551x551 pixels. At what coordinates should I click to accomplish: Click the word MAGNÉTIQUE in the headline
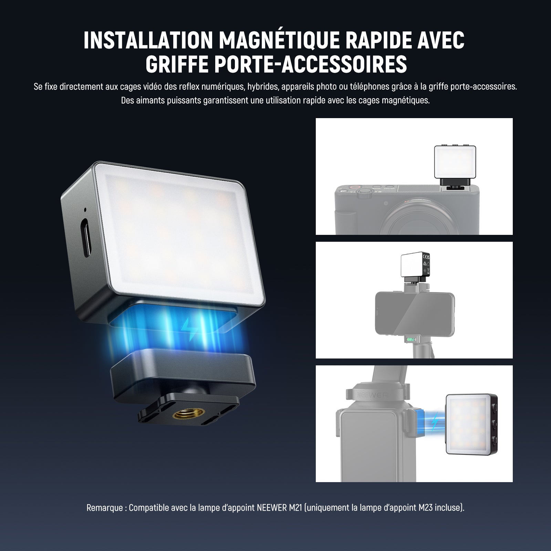(x=280, y=40)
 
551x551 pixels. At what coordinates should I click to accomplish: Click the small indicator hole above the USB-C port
(x=85, y=209)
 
